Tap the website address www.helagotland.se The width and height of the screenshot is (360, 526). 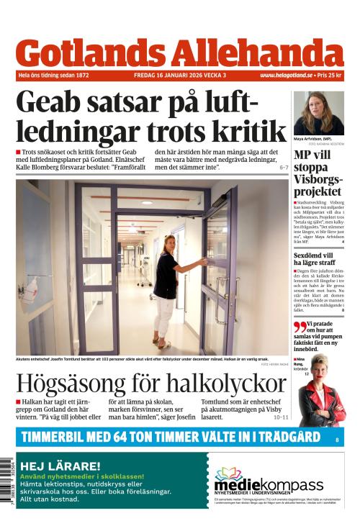click(286, 75)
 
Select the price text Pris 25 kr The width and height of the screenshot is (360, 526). click(330, 75)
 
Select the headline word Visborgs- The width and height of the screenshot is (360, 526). click(318, 179)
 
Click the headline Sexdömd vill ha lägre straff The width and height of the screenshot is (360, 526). click(318, 260)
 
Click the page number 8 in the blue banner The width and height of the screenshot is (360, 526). click(336, 437)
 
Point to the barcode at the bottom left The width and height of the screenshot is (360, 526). click(7, 481)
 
